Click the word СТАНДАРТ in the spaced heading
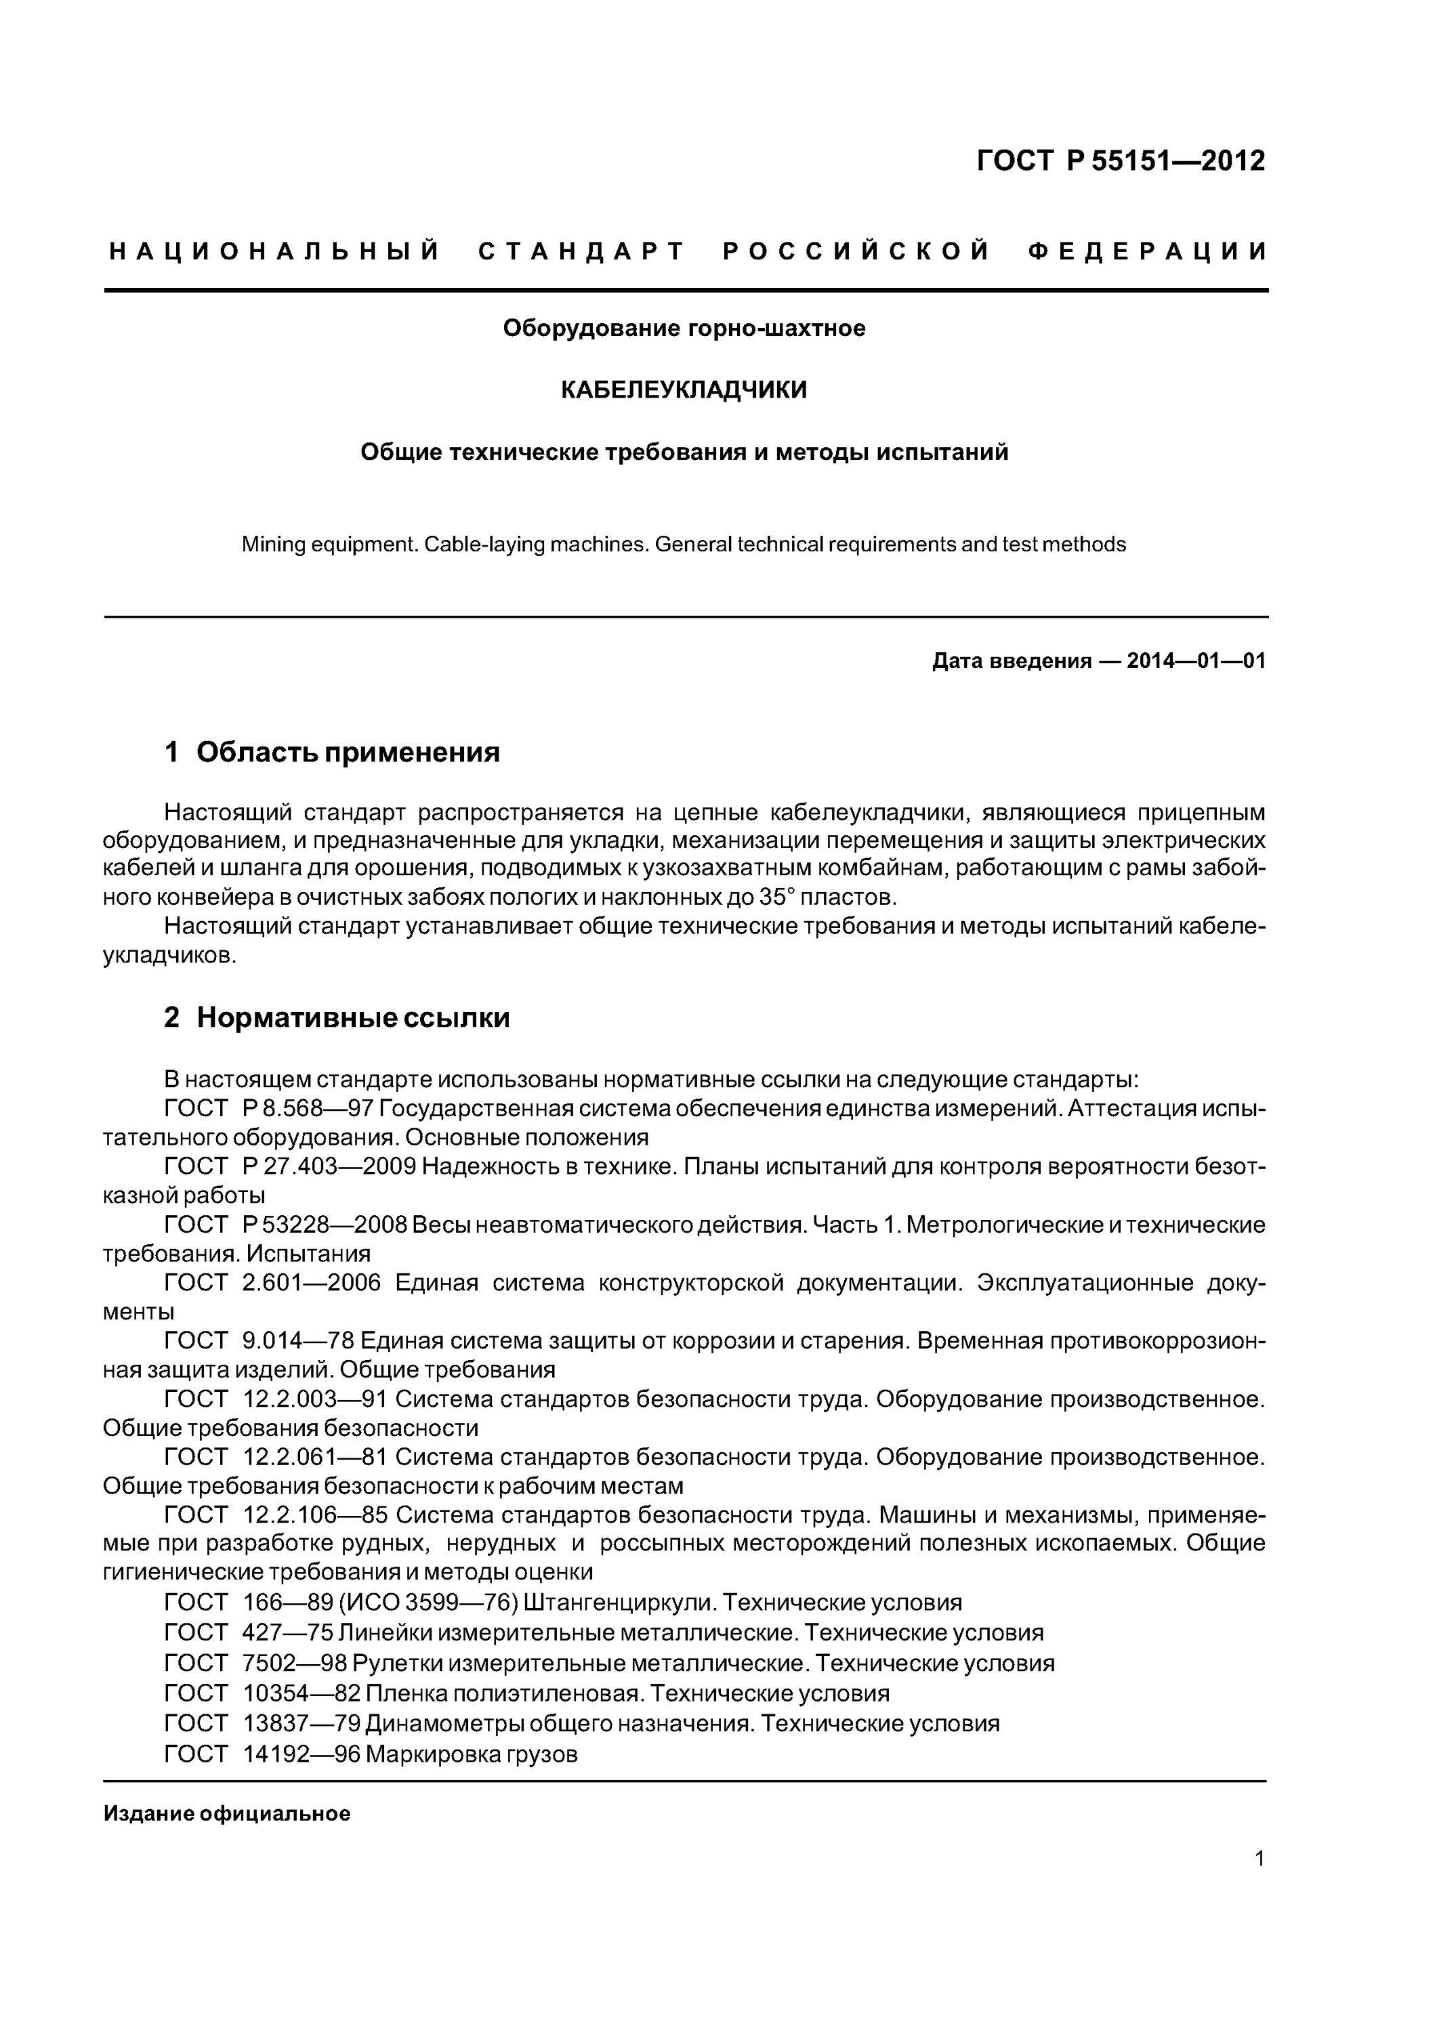pos(582,251)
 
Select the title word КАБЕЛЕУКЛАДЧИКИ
pos(684,389)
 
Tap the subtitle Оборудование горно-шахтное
pos(684,329)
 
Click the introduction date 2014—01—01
pos(1195,661)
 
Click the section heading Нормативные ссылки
pos(352,1018)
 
